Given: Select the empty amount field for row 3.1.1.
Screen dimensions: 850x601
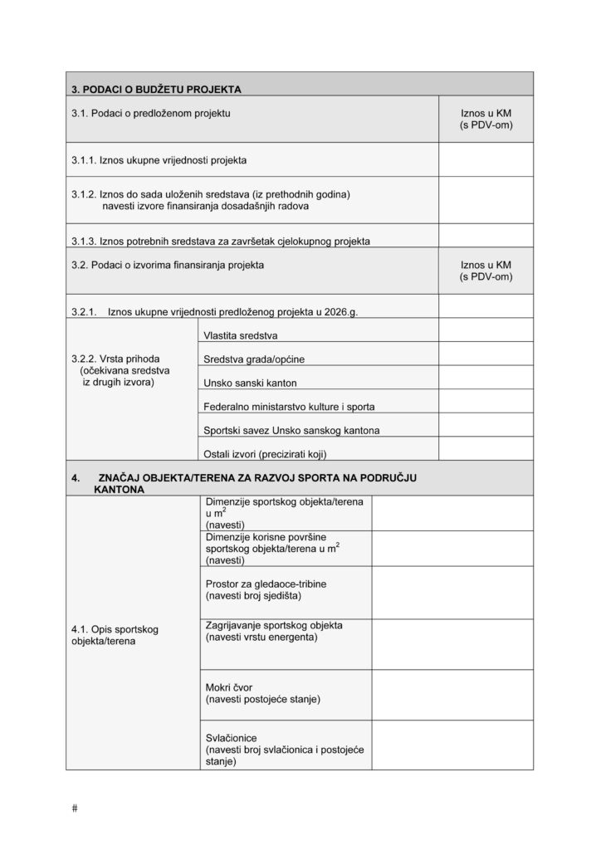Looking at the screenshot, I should point(486,159).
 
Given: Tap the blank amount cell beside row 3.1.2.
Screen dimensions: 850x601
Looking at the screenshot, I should point(486,199).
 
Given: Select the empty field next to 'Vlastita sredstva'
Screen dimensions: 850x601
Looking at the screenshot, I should point(486,330).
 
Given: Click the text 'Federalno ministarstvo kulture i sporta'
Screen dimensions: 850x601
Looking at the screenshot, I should point(289,407).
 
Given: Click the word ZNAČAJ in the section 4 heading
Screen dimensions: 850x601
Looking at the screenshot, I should point(124,479).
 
